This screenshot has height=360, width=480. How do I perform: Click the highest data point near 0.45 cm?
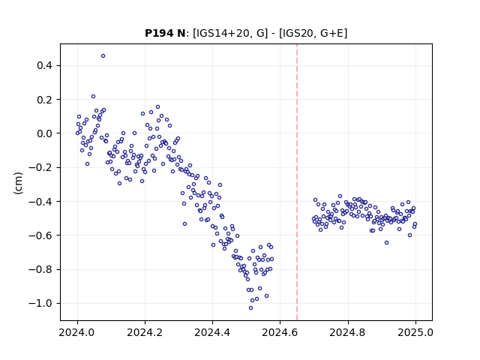click(x=103, y=56)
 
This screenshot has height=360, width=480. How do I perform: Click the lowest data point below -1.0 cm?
click(x=250, y=308)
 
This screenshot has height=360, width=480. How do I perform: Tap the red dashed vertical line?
click(x=297, y=182)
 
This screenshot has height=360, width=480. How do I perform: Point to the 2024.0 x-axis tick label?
click(x=77, y=332)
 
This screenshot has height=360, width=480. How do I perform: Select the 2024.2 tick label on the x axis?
click(x=145, y=332)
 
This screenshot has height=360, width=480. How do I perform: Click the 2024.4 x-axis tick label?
click(x=212, y=332)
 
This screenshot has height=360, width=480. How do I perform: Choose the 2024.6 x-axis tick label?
click(x=280, y=332)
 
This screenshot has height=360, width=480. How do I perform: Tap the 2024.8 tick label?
click(x=348, y=332)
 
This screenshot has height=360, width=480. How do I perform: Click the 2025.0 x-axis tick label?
click(x=415, y=332)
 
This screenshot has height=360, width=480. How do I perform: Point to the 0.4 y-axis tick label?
click(x=44, y=65)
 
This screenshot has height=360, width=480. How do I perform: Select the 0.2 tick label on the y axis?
click(x=44, y=100)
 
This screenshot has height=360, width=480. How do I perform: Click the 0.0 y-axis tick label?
click(x=44, y=133)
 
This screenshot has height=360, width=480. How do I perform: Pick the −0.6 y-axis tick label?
click(x=40, y=235)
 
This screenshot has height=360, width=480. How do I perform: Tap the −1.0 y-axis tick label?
click(x=40, y=303)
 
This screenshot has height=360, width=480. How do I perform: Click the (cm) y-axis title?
click(x=18, y=183)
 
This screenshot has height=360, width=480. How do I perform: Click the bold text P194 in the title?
click(x=159, y=33)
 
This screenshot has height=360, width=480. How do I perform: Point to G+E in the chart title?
click(x=332, y=33)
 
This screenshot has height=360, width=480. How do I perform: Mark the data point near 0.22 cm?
click(x=93, y=97)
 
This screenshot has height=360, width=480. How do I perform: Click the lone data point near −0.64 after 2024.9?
click(x=387, y=243)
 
